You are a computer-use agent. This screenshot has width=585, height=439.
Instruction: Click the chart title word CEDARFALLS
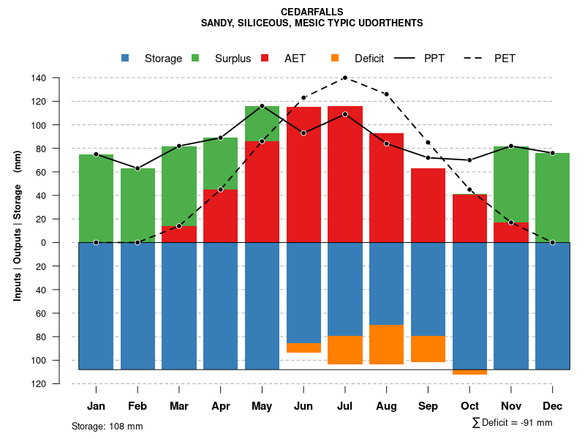(312, 12)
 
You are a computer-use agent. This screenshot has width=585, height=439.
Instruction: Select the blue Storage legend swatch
(125, 58)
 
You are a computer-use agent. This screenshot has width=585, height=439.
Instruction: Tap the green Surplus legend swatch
(195, 58)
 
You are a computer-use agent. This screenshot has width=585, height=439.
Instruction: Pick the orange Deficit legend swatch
(335, 58)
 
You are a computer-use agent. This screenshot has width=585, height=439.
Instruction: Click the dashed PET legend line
(478, 58)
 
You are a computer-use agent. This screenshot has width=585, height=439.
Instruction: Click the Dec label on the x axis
(552, 406)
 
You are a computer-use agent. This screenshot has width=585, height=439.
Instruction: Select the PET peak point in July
(344, 78)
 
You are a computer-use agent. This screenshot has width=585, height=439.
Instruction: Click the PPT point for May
(262, 106)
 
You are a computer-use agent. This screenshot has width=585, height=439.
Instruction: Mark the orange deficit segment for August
(386, 345)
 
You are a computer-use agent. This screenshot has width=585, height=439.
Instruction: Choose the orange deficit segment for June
(303, 348)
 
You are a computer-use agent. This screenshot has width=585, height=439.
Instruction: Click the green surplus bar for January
(96, 198)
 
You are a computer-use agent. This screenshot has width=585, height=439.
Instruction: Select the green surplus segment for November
(511, 183)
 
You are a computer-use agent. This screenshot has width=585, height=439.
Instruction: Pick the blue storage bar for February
(137, 306)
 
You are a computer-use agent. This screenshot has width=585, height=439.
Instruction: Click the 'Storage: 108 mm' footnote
(107, 426)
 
